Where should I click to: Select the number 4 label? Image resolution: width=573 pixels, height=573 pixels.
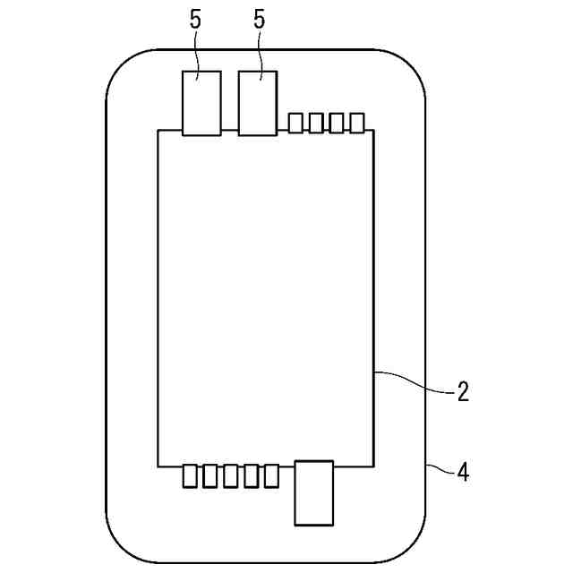click(x=463, y=472)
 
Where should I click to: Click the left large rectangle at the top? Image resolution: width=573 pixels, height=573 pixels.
click(x=201, y=103)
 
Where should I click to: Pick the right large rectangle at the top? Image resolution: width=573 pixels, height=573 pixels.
click(x=258, y=103)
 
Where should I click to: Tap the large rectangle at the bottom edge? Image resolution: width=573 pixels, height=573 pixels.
click(x=314, y=492)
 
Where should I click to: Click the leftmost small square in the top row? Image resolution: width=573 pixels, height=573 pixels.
click(x=295, y=123)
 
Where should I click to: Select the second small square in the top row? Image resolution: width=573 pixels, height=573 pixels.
click(x=316, y=123)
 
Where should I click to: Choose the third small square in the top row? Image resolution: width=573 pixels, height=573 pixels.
click(x=337, y=123)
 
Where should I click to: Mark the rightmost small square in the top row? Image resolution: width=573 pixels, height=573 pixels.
click(x=357, y=123)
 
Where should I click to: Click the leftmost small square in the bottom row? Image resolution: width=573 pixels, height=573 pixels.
click(x=190, y=476)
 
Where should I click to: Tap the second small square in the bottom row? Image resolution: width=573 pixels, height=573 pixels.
click(x=210, y=476)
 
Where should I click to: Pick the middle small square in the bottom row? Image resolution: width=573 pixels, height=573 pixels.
click(x=231, y=476)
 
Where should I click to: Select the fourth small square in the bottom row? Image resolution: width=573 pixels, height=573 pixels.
click(x=251, y=476)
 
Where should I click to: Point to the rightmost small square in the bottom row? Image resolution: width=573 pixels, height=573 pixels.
click(x=271, y=476)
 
